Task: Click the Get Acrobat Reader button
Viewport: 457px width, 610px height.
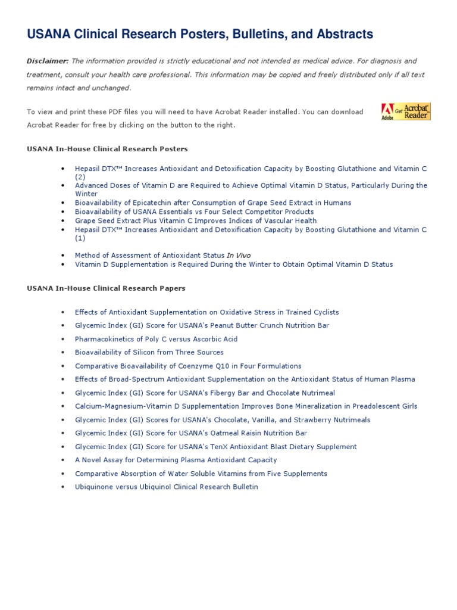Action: tap(405, 111)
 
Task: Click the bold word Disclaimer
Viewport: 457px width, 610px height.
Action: tap(48, 61)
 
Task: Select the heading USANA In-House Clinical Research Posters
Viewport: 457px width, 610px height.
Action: tap(107, 149)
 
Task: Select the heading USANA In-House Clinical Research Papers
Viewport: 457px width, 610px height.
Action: tap(106, 288)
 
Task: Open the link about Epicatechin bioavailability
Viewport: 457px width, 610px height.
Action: tap(213, 203)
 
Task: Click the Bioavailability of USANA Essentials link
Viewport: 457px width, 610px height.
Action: tap(194, 211)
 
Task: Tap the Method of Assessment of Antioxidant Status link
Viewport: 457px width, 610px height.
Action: tap(162, 256)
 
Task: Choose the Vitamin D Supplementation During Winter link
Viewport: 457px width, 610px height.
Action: tap(234, 264)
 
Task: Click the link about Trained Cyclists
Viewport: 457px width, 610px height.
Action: tap(206, 312)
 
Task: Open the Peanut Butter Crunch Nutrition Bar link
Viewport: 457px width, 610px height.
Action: tap(202, 326)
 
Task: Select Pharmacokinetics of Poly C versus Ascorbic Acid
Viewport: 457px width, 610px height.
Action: tap(156, 339)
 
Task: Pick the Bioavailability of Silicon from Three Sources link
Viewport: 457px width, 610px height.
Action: tap(149, 353)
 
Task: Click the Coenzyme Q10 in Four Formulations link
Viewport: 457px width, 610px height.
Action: tap(188, 366)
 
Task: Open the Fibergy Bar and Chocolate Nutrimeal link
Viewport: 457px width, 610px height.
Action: tap(205, 393)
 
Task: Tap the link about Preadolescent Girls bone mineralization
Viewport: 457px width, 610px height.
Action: tap(246, 406)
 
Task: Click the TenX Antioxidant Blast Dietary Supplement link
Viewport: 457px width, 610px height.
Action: tap(216, 447)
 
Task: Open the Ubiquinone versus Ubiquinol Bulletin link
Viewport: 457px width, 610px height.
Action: tap(167, 487)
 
